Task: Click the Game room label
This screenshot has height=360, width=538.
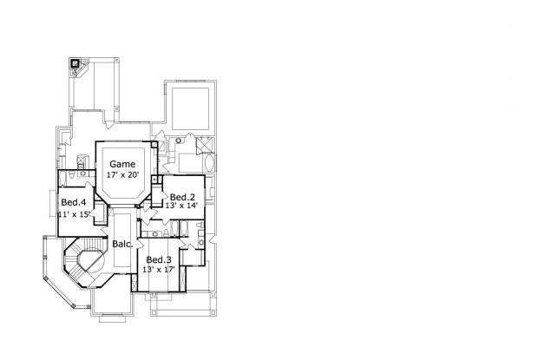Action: click(x=122, y=164)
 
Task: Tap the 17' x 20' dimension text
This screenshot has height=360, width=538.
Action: click(x=122, y=175)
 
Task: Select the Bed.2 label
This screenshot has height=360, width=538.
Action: click(x=182, y=197)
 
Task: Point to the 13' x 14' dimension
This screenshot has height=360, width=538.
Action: click(x=181, y=206)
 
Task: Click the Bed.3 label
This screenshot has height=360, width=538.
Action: click(x=159, y=260)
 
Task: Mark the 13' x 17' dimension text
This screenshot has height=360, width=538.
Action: click(x=159, y=270)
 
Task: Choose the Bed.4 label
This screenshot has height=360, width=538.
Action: click(x=73, y=202)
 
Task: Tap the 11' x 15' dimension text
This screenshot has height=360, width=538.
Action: click(x=75, y=214)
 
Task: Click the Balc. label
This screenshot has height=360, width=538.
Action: click(x=123, y=244)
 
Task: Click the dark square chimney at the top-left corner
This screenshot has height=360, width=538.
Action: click(x=75, y=63)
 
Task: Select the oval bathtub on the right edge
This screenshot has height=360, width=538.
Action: click(x=209, y=164)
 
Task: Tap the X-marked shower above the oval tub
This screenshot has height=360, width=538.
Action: click(x=205, y=144)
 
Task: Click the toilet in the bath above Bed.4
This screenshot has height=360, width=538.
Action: click(x=72, y=175)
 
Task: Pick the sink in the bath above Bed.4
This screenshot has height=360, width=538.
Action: click(x=83, y=173)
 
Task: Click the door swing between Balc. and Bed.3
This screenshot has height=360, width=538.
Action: click(x=140, y=243)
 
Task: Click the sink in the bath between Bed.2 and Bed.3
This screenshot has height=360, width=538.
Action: click(x=155, y=234)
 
